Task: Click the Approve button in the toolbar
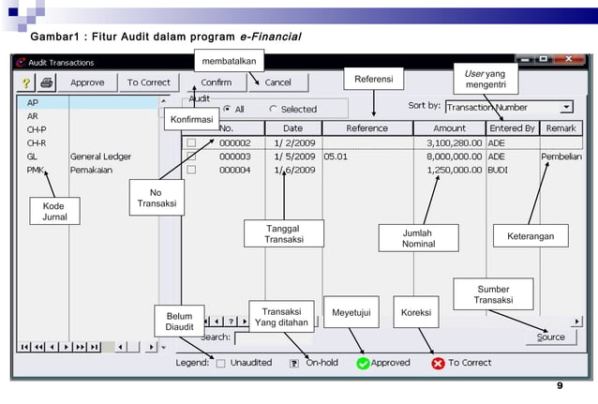pyautogui.click(x=87, y=82)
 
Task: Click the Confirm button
pyautogui.click(x=217, y=82)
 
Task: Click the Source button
pyautogui.click(x=550, y=337)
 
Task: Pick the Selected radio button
pyautogui.click(x=273, y=109)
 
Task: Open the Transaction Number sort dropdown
pyautogui.click(x=565, y=108)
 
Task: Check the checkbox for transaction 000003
pyautogui.click(x=191, y=157)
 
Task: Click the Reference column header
pyautogui.click(x=366, y=128)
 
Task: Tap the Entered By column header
pyautogui.click(x=512, y=128)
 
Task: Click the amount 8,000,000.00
pyautogui.click(x=455, y=157)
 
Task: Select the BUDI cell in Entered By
pyautogui.click(x=497, y=171)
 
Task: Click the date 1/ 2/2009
pyautogui.click(x=293, y=142)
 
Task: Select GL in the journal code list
pyautogui.click(x=33, y=157)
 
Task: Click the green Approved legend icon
pyautogui.click(x=363, y=363)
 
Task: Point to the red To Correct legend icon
pyautogui.click(x=438, y=363)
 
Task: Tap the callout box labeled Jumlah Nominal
pyautogui.click(x=419, y=237)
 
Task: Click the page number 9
pyautogui.click(x=560, y=386)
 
